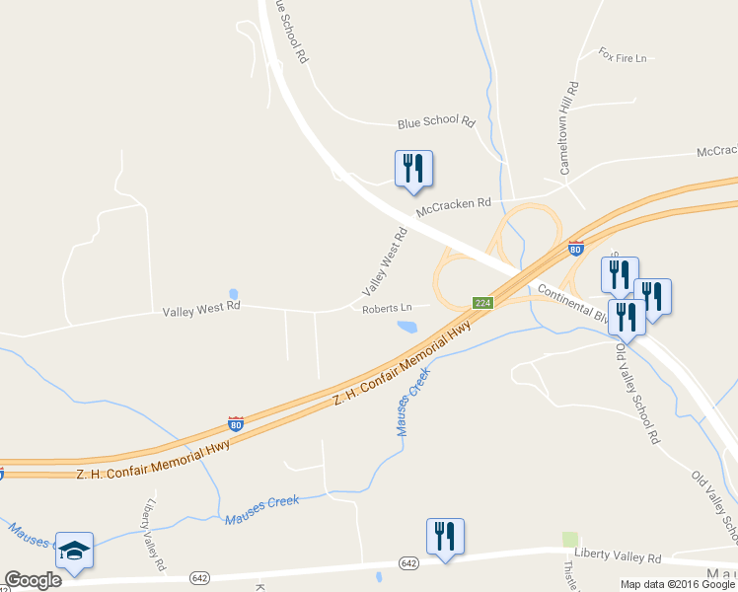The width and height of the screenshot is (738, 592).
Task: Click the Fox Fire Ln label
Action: (x=622, y=56)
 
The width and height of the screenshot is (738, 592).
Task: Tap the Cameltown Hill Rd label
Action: (x=569, y=129)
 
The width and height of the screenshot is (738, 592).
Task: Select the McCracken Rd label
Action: (x=453, y=207)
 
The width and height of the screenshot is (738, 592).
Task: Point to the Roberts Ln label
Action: (x=386, y=309)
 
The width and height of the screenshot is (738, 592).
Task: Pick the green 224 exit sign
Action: (x=482, y=303)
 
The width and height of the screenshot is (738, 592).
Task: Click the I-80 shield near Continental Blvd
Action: (x=575, y=249)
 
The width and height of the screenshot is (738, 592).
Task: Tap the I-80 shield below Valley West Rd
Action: (x=236, y=424)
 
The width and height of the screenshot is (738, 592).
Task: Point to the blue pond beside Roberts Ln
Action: (x=406, y=327)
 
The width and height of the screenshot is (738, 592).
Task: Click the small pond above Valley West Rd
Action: (x=233, y=294)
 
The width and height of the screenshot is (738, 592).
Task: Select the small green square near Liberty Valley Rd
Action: (x=569, y=539)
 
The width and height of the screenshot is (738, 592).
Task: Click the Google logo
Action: (x=33, y=580)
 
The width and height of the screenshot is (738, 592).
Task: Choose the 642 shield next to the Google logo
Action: (x=200, y=577)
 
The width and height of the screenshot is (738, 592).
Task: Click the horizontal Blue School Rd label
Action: (x=436, y=122)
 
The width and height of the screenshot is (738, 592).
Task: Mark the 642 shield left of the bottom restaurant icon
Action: (x=409, y=561)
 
